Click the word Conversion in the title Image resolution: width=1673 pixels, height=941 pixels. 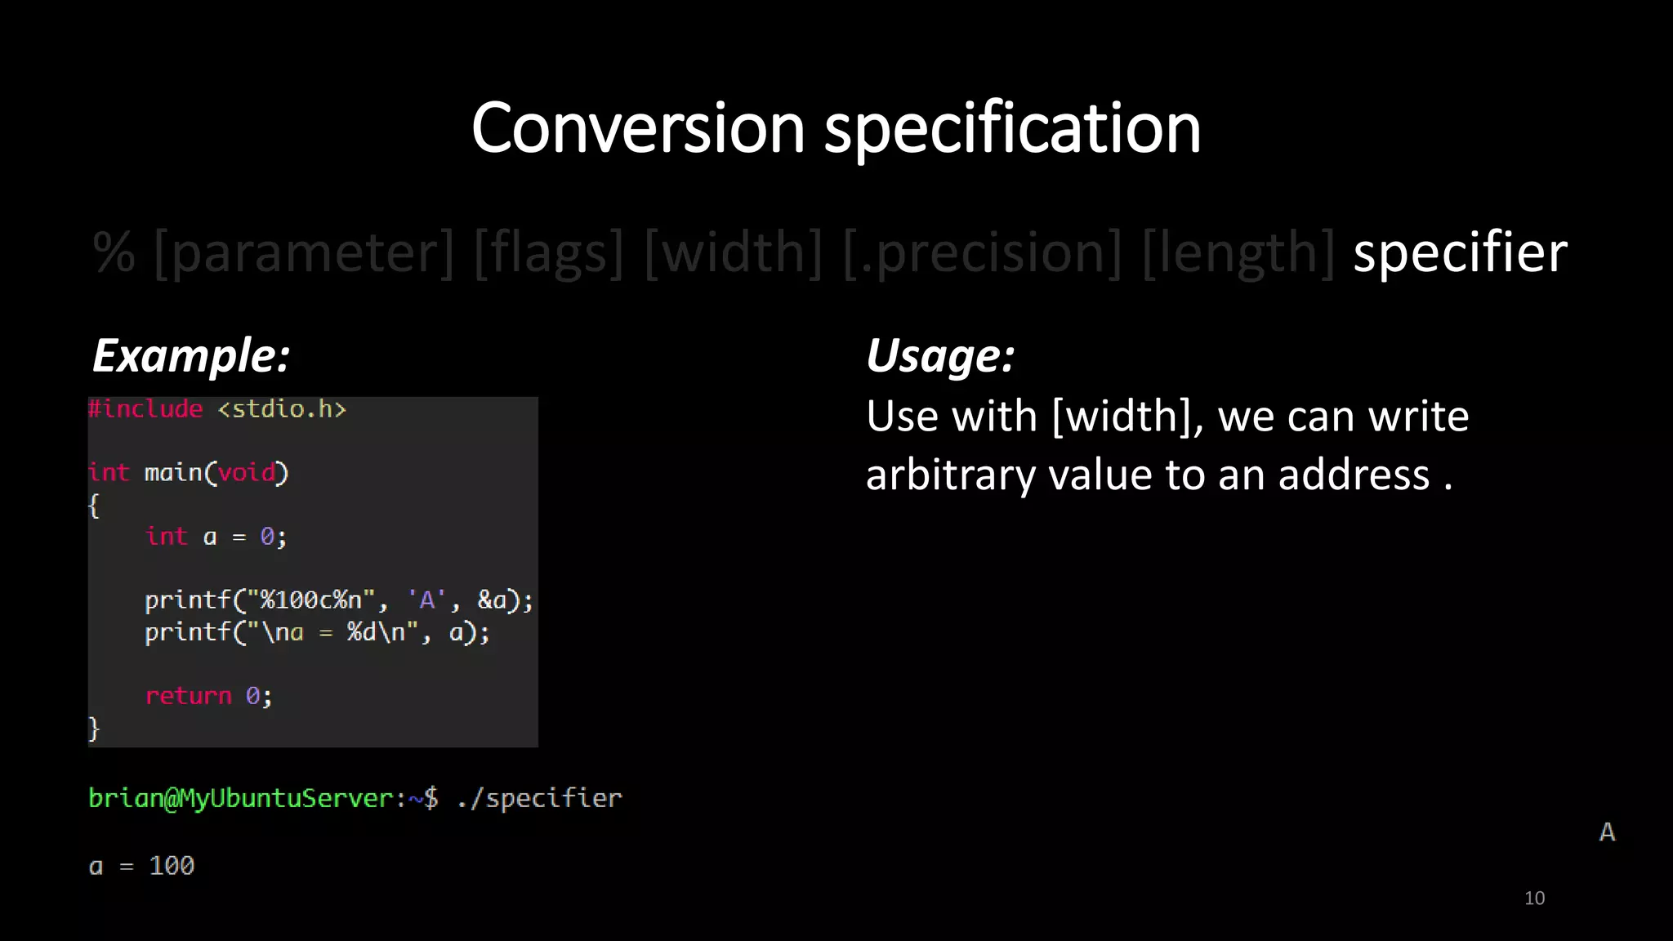tap(638, 128)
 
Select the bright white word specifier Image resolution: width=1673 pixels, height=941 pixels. tap(1460, 252)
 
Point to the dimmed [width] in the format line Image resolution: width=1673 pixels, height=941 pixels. tap(733, 252)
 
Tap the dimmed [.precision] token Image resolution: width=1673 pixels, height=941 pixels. tap(982, 252)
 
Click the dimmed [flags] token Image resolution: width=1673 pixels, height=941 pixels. tap(548, 252)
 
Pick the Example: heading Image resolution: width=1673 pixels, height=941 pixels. tap(191, 355)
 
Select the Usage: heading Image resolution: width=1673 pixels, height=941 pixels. tap(940, 355)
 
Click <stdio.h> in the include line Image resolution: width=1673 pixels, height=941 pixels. tap(282, 408)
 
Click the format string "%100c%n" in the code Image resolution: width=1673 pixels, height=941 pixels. tap(310, 600)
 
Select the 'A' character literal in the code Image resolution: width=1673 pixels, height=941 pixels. tap(426, 600)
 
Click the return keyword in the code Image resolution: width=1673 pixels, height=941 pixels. tap(189, 696)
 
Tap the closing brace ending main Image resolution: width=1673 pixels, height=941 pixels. tap(94, 728)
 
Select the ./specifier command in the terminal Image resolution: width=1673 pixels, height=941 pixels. tap(539, 798)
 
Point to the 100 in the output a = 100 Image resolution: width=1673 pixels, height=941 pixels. tap(172, 866)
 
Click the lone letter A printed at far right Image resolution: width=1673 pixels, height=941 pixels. tap(1607, 832)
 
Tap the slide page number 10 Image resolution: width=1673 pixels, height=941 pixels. tap(1534, 899)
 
